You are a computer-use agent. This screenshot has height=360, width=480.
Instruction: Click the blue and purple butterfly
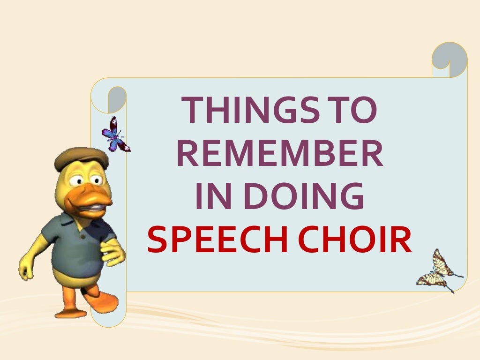[115, 135]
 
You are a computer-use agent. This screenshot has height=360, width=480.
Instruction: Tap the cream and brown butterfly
[439, 271]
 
